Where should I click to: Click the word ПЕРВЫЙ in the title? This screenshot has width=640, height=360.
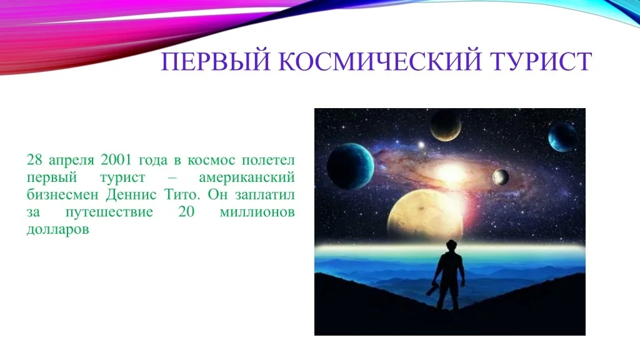point(216,61)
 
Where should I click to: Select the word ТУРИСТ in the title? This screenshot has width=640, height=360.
point(541,61)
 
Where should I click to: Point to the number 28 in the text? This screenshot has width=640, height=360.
point(34,159)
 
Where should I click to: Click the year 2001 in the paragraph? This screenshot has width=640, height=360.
point(116,159)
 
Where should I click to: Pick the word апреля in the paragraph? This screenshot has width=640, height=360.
point(71,161)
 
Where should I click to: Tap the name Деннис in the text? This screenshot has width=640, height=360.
point(131,195)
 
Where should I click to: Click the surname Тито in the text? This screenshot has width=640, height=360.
point(182,195)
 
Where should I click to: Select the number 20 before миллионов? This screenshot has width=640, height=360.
point(186,212)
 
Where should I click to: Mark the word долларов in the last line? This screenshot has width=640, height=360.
point(57,230)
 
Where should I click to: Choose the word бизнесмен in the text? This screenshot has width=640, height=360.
point(62,195)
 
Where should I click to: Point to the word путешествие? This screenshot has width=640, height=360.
point(109,212)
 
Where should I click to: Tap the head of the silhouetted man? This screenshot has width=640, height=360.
point(451,246)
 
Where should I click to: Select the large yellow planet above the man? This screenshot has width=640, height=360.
point(425,217)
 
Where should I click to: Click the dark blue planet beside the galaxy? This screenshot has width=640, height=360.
point(350,166)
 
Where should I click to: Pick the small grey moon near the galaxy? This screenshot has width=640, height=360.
point(501,177)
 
